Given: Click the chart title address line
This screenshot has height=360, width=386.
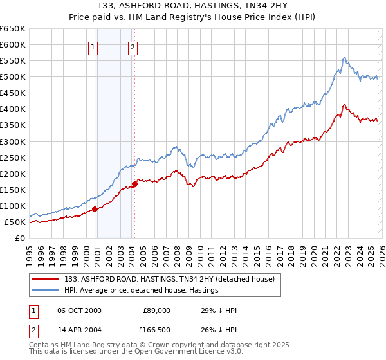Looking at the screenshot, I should (x=192, y=7).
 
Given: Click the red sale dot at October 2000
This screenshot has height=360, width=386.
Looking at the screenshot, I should (x=95, y=209).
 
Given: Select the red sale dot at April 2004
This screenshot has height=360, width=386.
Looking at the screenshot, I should (x=134, y=184).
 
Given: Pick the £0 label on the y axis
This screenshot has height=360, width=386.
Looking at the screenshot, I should (x=19, y=238).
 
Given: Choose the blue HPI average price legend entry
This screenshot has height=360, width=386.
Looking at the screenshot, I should (x=142, y=291).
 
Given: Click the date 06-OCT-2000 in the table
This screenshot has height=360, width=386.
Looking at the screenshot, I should (x=79, y=310).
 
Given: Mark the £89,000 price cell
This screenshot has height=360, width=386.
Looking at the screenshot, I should (x=155, y=310).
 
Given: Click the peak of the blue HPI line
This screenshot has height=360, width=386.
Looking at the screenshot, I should (x=345, y=57).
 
